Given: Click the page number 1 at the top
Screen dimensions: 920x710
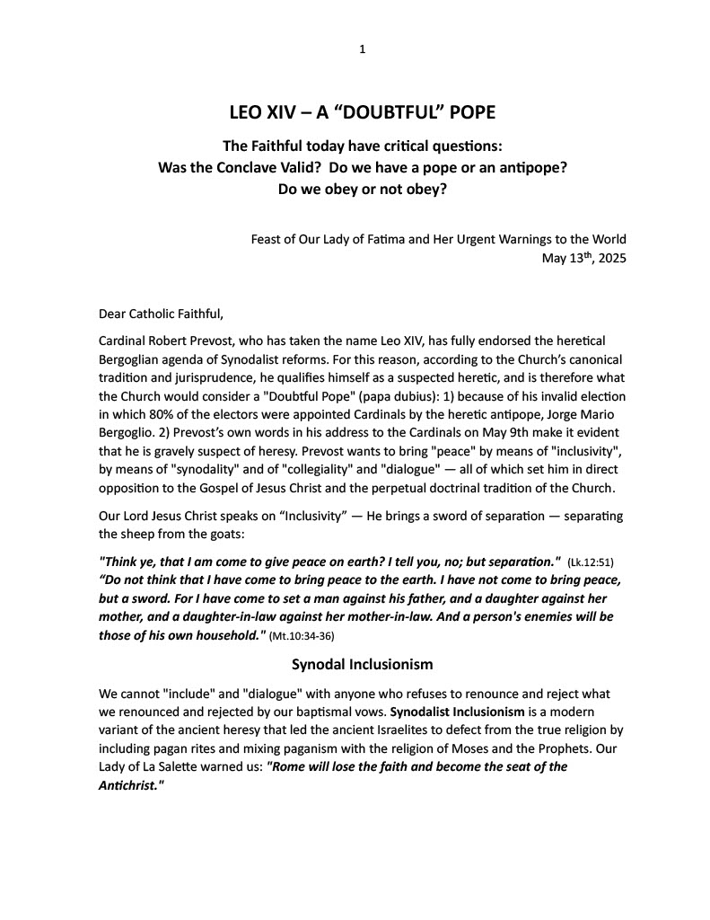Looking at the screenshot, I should coord(362,49).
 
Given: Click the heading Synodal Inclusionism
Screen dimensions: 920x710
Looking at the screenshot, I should coord(363,665).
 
